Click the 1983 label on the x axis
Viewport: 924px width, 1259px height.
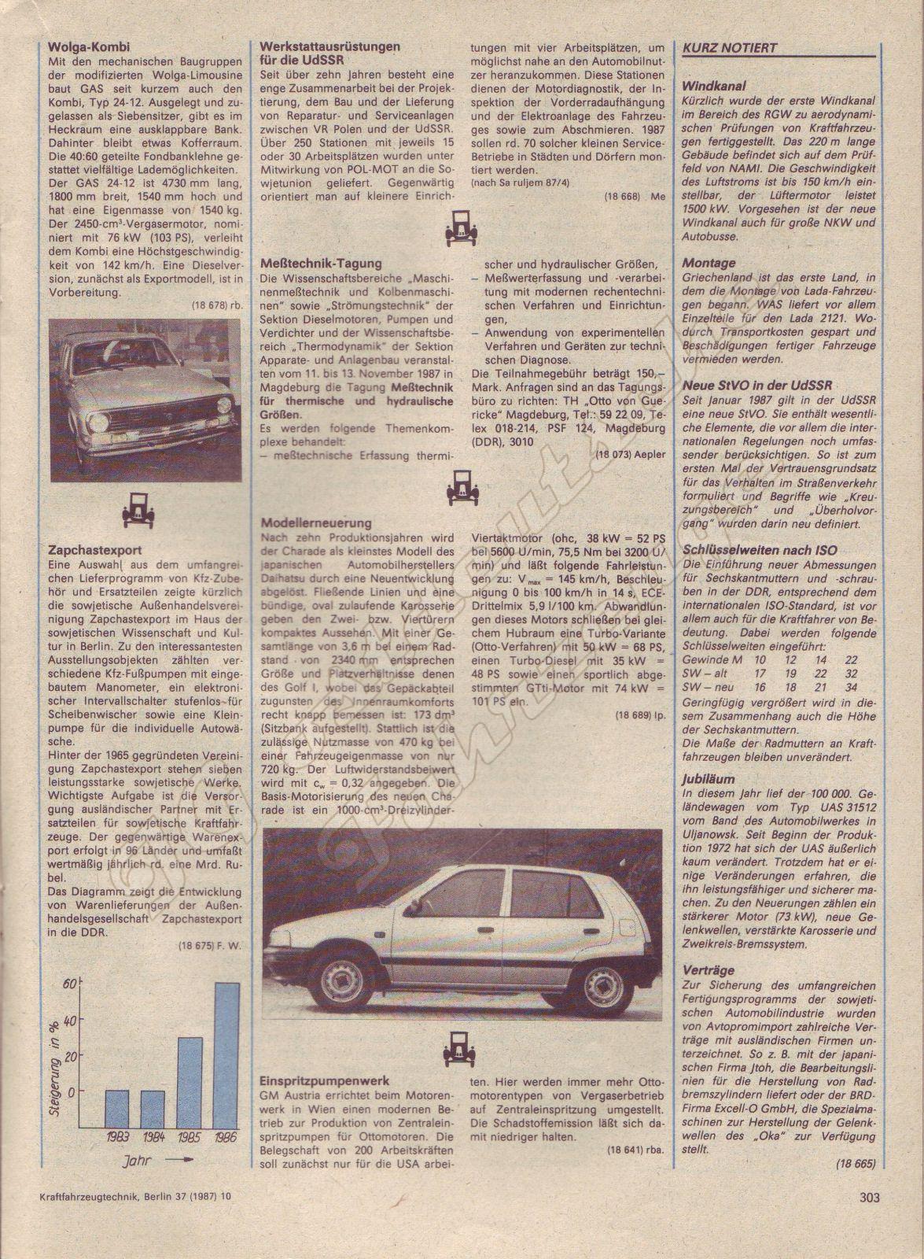click(117, 1138)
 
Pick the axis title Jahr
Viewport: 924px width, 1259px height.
click(136, 1161)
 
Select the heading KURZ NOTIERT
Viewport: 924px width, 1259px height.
click(729, 47)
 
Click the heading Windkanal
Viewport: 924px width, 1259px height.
click(714, 86)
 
